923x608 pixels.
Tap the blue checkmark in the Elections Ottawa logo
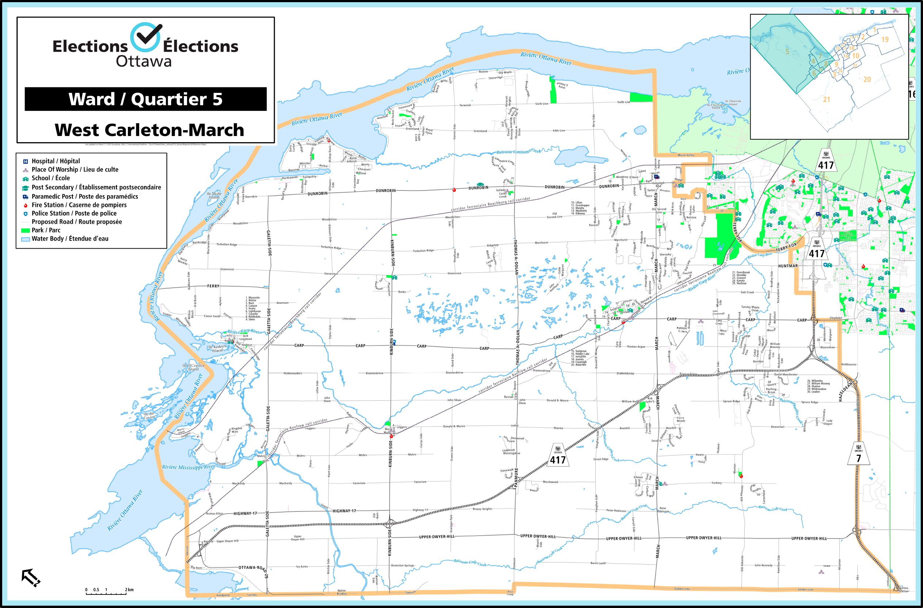click(x=145, y=38)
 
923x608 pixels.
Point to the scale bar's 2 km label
click(x=129, y=590)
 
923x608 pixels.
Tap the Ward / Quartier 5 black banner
click(x=145, y=99)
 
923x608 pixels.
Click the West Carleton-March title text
click(x=149, y=130)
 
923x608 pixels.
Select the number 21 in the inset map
click(x=826, y=99)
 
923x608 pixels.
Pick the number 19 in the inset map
click(x=885, y=39)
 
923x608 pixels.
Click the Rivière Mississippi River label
click(x=189, y=467)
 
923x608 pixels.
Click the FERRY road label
click(x=213, y=286)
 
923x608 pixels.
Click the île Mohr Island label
click(x=214, y=195)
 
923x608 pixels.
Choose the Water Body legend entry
click(x=70, y=239)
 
